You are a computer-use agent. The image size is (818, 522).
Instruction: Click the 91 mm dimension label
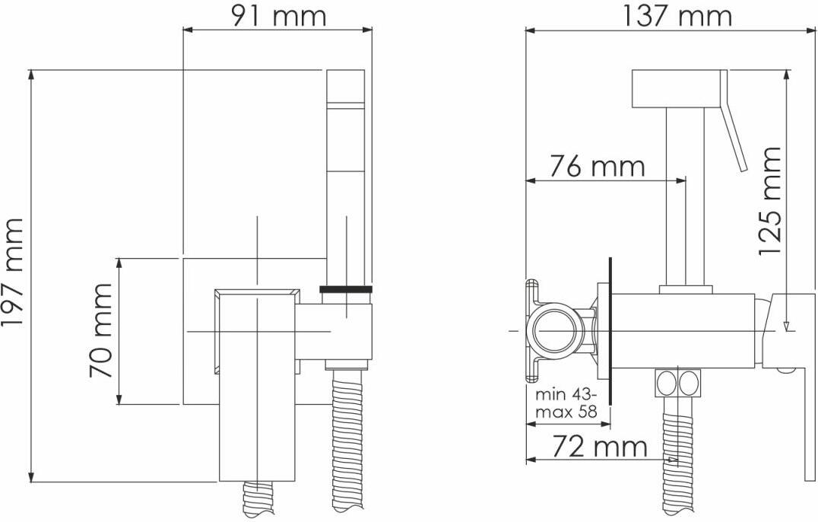coord(278,16)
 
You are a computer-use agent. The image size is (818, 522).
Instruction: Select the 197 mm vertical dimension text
coord(13,272)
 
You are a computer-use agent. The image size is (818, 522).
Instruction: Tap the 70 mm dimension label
coord(100,330)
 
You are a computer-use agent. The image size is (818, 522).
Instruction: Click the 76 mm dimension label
coord(597,167)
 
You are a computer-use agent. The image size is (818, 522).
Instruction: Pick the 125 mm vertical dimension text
coord(770,201)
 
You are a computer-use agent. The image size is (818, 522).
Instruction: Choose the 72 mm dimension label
coord(600,447)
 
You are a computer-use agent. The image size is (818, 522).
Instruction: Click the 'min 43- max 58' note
coord(567,403)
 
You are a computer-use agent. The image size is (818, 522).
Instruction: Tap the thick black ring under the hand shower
coord(346,288)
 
